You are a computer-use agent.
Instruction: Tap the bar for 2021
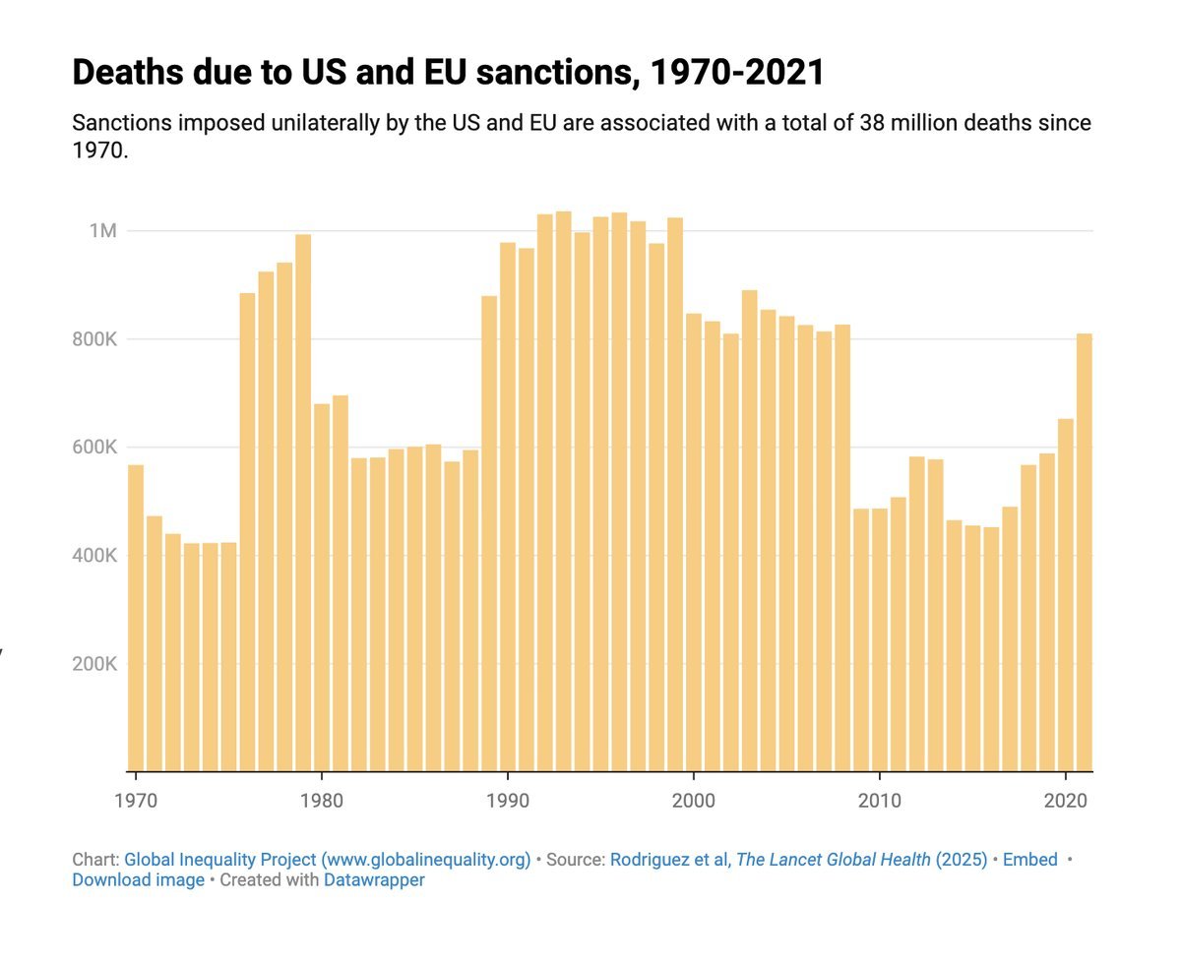click(1085, 552)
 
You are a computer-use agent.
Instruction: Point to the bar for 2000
click(694, 542)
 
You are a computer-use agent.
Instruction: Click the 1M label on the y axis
click(102, 231)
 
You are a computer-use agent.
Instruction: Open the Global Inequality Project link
click(327, 860)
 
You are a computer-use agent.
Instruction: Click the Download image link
click(138, 880)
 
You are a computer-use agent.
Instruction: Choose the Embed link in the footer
click(1029, 860)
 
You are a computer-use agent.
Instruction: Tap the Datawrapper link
click(374, 880)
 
